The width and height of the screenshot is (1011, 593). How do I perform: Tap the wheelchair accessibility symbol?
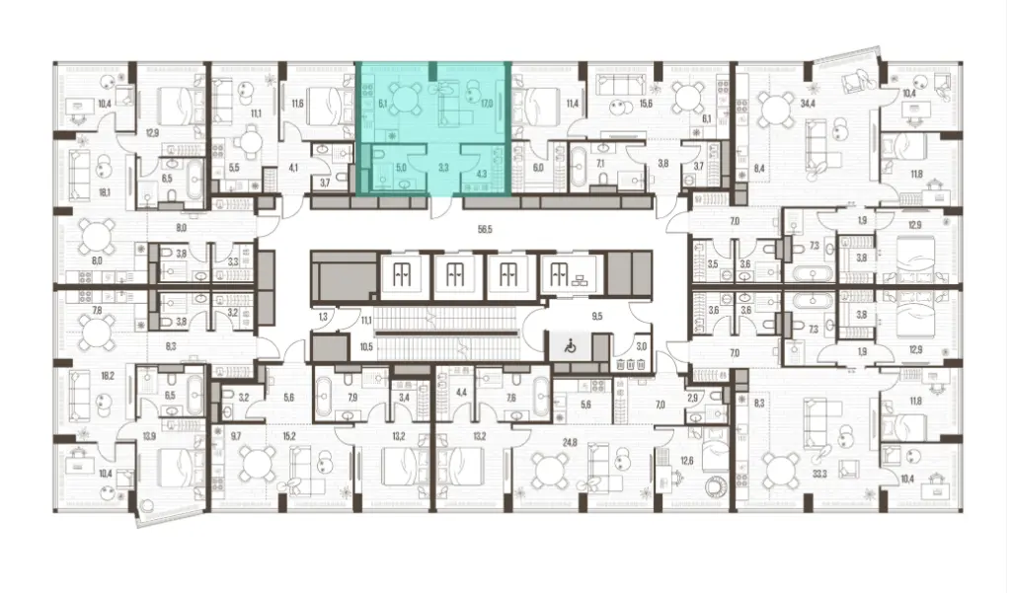[569, 346]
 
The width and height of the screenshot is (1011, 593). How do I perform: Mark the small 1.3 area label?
[323, 318]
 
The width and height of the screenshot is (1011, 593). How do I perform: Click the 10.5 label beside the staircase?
[365, 346]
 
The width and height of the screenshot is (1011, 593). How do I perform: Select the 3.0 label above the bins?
[641, 346]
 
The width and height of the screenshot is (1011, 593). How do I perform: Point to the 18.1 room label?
[76, 193]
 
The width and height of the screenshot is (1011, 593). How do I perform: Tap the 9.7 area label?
[235, 435]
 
